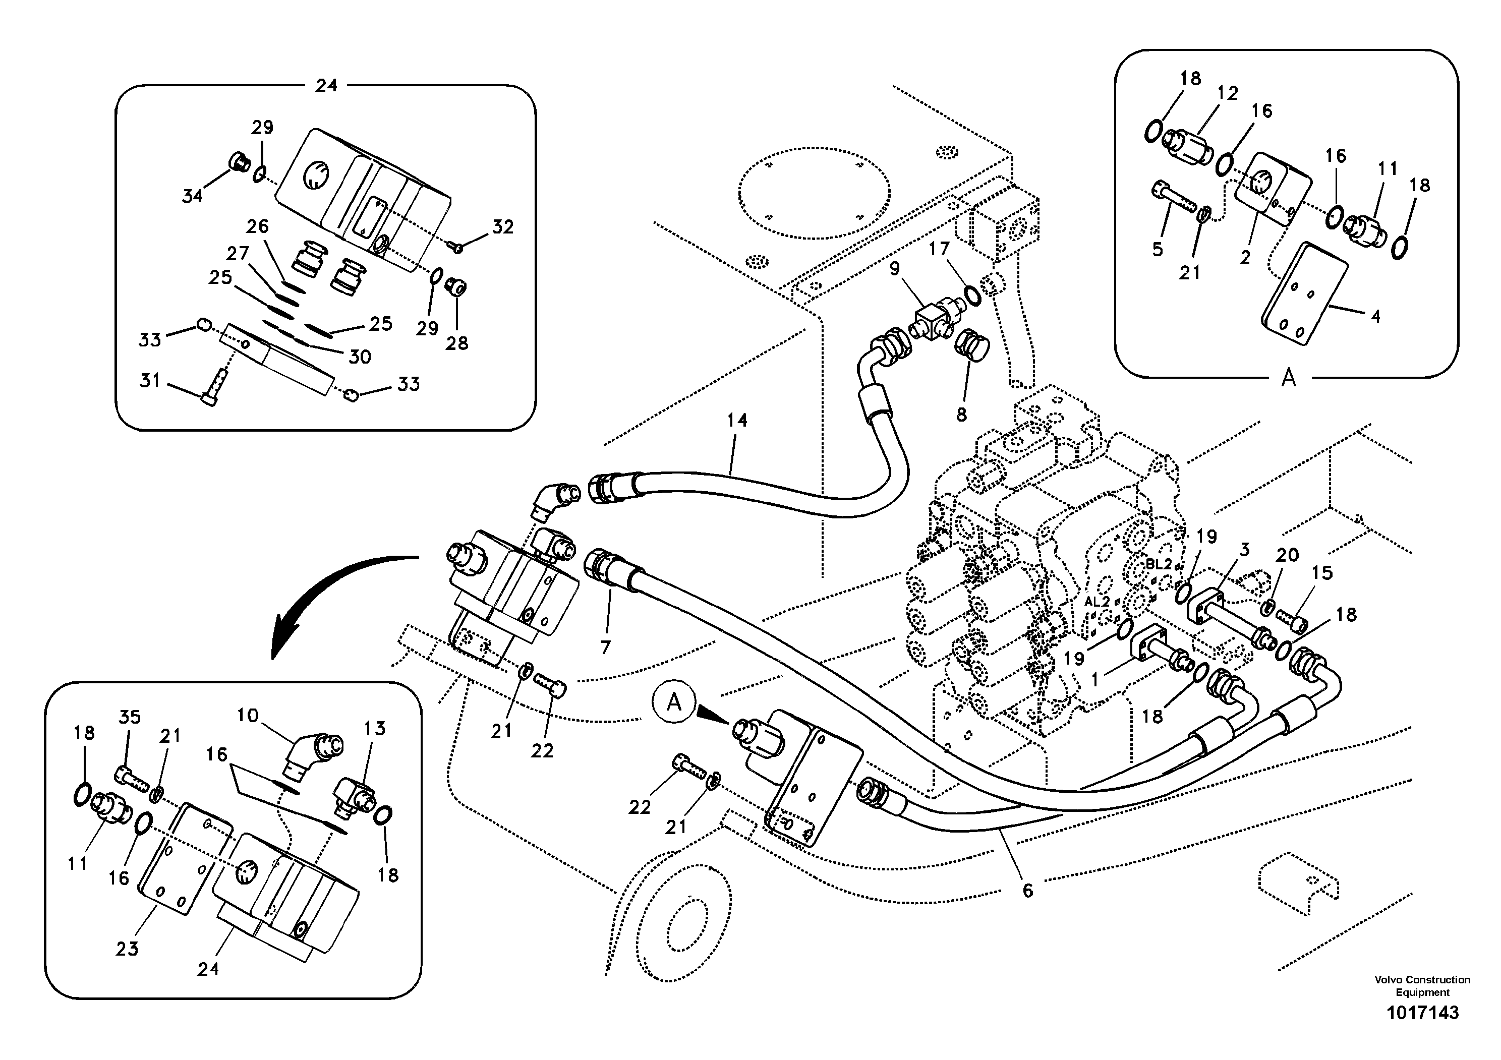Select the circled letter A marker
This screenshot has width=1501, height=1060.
tap(673, 703)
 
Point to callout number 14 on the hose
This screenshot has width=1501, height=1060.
tap(737, 420)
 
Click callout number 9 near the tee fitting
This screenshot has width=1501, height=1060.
tap(894, 268)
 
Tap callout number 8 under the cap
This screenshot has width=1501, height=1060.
tap(961, 415)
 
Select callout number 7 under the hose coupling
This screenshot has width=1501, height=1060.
tap(605, 647)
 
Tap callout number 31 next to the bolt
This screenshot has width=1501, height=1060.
tap(150, 380)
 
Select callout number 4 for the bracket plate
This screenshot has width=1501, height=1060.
tap(1375, 316)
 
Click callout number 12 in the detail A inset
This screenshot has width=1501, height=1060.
tap(1228, 93)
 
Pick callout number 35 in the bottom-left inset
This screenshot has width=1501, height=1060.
tap(130, 717)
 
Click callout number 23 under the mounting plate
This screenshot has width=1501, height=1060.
tap(127, 948)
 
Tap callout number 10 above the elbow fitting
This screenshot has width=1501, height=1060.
tap(248, 716)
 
